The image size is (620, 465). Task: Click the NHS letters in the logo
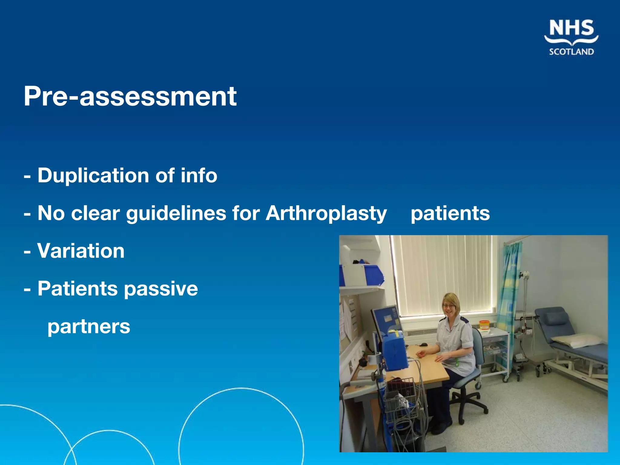571,28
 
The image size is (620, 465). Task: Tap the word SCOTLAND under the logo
571,52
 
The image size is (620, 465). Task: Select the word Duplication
93,176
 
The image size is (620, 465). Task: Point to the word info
199,176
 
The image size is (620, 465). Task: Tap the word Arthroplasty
326,213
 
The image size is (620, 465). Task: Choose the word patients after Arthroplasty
450,213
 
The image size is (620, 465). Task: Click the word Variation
81,251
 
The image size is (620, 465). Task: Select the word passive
161,289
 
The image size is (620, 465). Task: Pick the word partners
89,327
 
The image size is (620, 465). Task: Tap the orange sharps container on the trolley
484,325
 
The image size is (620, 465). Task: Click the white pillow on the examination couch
577,341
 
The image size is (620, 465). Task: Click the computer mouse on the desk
424,345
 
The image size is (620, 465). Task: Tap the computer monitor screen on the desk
387,319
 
